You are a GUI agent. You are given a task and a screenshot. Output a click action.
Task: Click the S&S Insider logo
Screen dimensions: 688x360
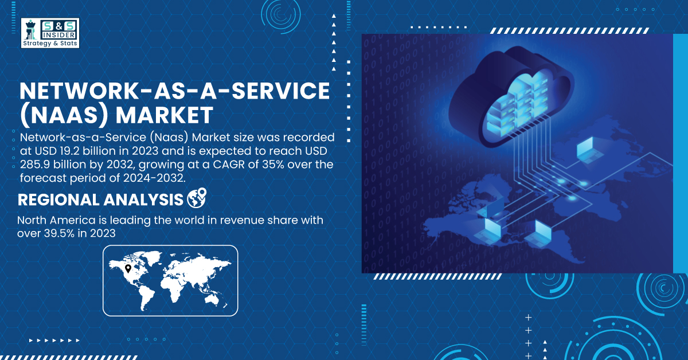pos(50,33)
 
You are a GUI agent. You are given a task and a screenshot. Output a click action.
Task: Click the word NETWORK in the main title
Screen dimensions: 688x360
pos(77,91)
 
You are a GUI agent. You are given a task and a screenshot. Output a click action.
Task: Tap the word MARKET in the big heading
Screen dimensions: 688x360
pos(165,115)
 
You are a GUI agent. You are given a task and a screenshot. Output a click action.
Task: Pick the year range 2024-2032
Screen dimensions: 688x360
pos(154,178)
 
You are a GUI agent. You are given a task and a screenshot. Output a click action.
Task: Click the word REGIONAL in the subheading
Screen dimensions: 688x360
pos(59,199)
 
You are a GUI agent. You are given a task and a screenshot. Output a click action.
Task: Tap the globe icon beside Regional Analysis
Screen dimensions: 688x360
pos(197,198)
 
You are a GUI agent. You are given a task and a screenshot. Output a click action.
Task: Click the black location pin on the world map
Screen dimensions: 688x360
pos(128,269)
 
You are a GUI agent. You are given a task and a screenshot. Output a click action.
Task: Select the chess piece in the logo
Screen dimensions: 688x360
pos(30,30)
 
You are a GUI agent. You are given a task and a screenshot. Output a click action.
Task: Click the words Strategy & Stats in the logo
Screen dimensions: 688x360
pos(50,44)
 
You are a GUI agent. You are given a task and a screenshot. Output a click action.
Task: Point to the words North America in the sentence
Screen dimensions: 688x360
pos(56,220)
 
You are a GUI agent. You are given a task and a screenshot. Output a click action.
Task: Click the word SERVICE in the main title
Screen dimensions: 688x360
pos(280,91)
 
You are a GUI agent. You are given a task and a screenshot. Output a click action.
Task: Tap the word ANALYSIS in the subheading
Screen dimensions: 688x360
pos(143,199)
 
